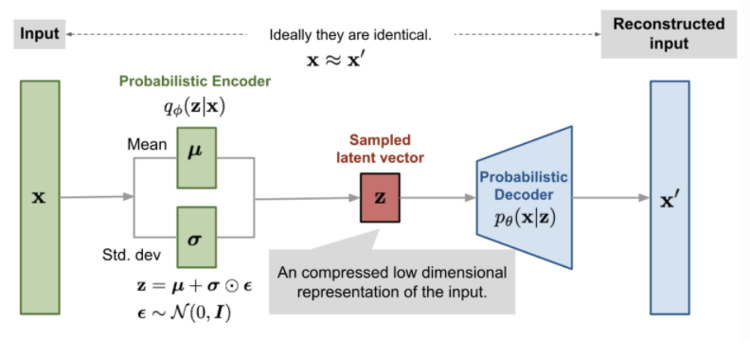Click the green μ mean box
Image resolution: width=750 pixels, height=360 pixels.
pyautogui.click(x=195, y=151)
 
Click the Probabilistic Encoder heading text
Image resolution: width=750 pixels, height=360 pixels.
pyautogui.click(x=194, y=81)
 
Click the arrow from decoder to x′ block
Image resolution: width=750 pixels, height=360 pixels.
pyautogui.click(x=610, y=199)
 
